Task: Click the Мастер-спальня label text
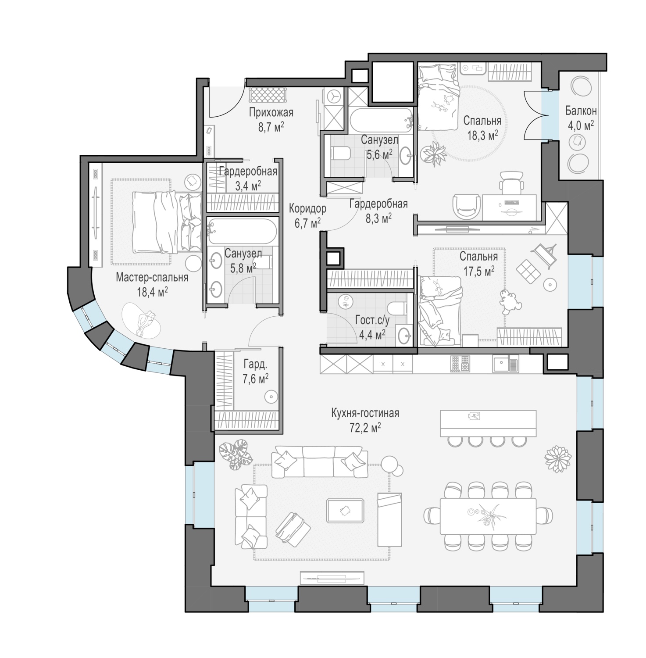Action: pyautogui.click(x=152, y=277)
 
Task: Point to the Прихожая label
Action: pyautogui.click(x=271, y=113)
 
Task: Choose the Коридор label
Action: pyautogui.click(x=307, y=209)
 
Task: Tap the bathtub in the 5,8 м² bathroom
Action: pyautogui.click(x=242, y=231)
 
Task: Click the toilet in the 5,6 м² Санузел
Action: pyautogui.click(x=340, y=154)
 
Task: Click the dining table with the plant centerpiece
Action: pyautogui.click(x=488, y=515)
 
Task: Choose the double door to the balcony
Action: pyautogui.click(x=536, y=115)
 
